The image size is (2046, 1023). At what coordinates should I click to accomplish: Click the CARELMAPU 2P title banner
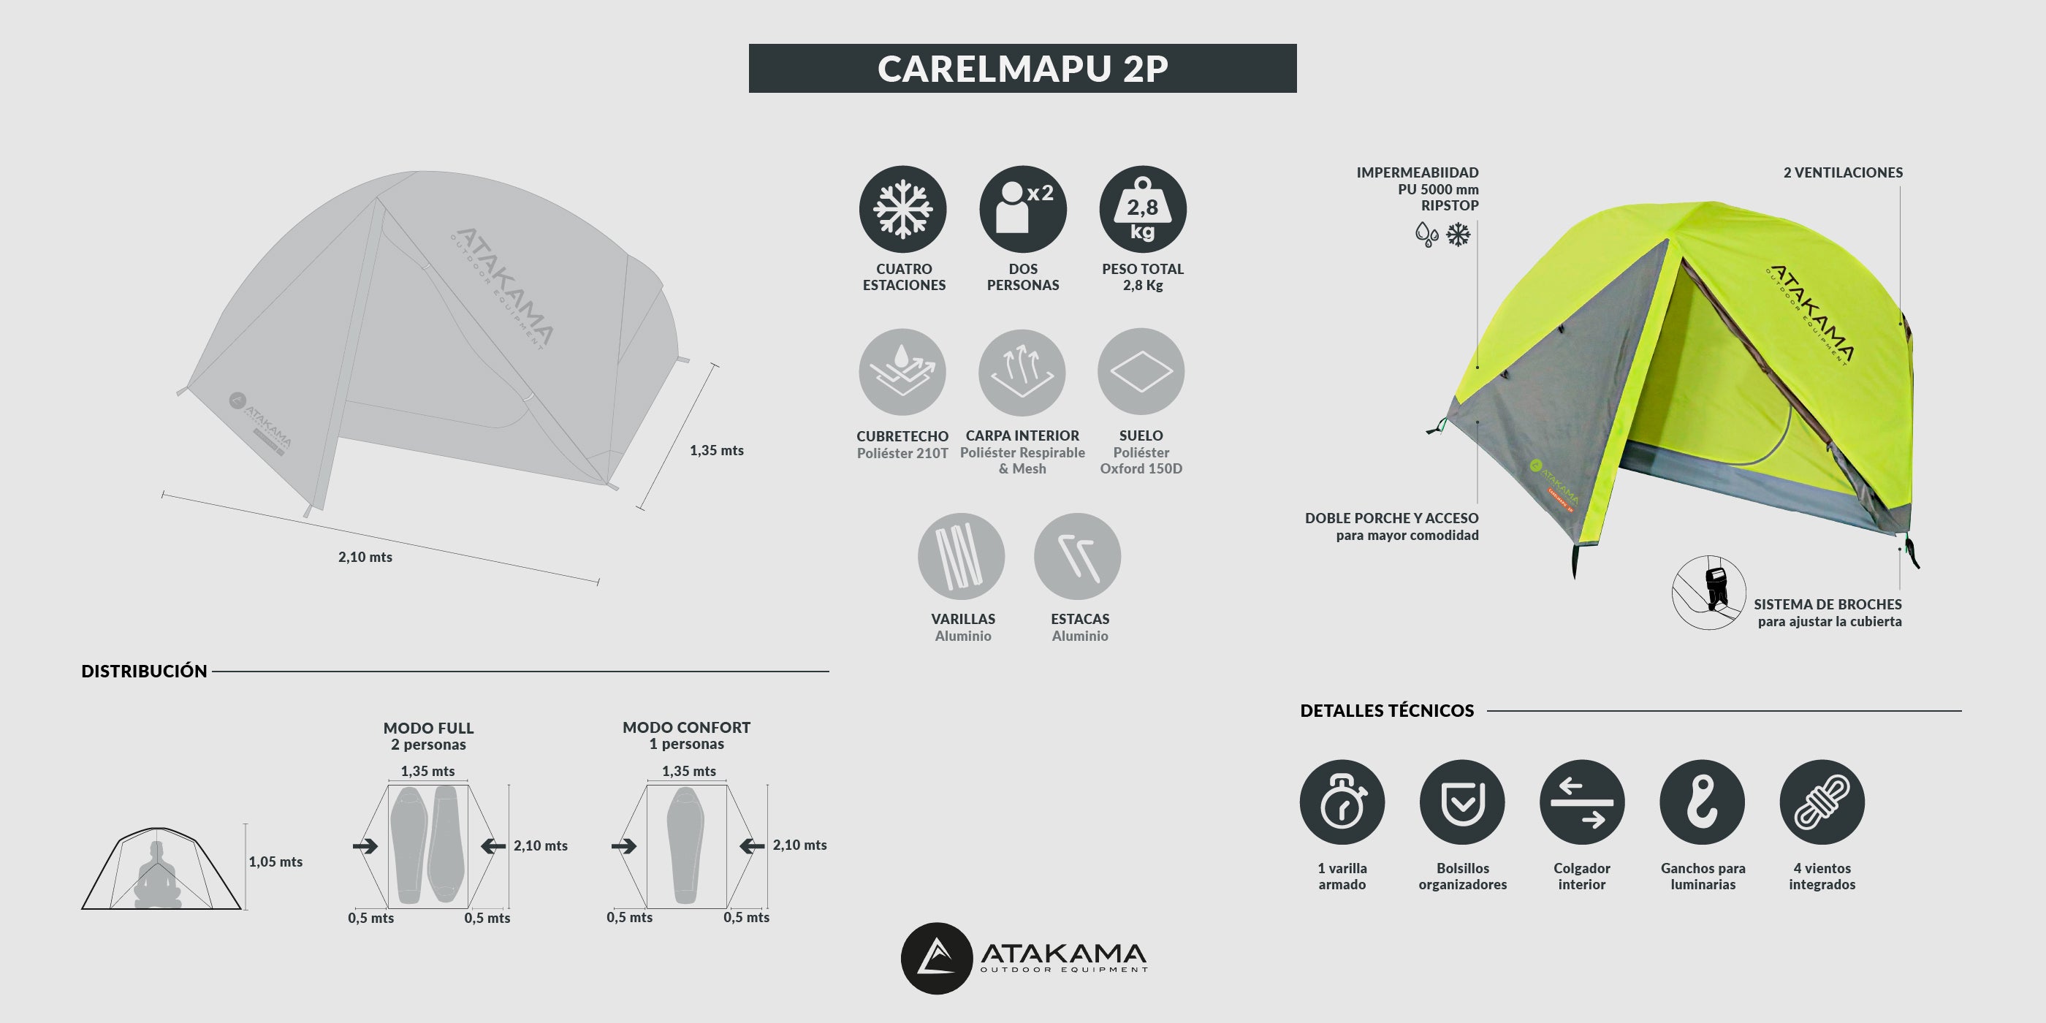[x=1022, y=68]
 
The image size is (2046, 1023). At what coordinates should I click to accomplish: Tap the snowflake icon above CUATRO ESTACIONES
[x=902, y=210]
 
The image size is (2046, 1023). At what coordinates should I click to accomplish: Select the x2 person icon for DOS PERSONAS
[x=1022, y=210]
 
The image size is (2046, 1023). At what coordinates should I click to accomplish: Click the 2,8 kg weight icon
[x=1142, y=210]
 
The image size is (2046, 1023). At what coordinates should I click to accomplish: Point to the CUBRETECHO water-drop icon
[x=902, y=372]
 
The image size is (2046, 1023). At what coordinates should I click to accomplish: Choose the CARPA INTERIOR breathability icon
[x=1022, y=373]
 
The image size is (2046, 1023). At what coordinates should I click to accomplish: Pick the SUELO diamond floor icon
[x=1141, y=372]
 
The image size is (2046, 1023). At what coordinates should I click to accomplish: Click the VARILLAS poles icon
[x=961, y=556]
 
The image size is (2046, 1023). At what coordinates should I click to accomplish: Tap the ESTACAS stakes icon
[x=1077, y=556]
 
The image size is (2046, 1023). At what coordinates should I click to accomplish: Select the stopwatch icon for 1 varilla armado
[x=1342, y=802]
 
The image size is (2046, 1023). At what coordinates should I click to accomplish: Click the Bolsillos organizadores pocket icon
[x=1462, y=802]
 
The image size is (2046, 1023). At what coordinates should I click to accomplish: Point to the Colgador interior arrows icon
[x=1581, y=802]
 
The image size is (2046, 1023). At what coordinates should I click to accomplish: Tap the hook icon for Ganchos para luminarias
[x=1702, y=802]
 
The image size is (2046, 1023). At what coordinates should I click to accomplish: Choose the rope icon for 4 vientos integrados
[x=1822, y=802]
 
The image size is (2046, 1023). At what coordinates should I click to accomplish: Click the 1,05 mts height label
[x=275, y=862]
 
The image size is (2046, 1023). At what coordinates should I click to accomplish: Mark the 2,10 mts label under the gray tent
[x=365, y=558]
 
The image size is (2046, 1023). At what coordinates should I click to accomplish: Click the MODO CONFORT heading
[x=686, y=728]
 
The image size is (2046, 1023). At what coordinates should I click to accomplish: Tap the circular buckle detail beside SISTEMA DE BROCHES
[x=1708, y=593]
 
